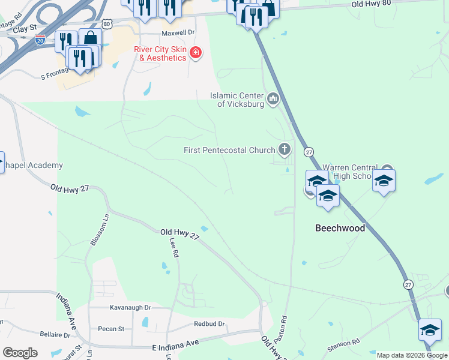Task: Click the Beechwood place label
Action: pos(340,228)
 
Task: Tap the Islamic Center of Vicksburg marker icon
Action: pos(274,98)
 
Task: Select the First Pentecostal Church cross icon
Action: pos(285,149)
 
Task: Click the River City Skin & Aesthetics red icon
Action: pos(195,53)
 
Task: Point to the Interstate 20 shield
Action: pos(40,40)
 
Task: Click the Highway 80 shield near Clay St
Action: pos(106,24)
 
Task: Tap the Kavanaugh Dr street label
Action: pos(130,307)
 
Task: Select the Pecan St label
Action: pos(112,329)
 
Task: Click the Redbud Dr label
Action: pos(209,324)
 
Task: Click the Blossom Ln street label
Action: pos(100,229)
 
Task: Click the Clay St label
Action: pos(24,28)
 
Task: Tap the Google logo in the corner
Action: pos(20,353)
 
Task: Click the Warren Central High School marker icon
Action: pos(387,172)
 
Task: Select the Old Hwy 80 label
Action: pos(371,4)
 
